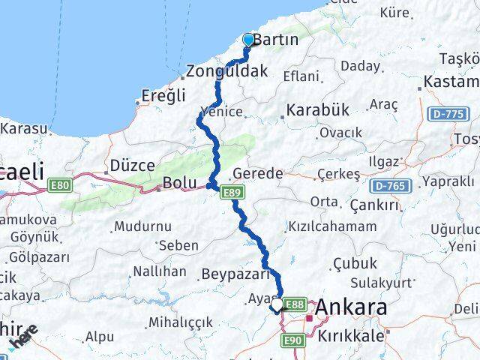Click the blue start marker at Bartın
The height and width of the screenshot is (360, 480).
click(248, 39)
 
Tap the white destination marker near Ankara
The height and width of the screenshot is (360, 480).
click(277, 304)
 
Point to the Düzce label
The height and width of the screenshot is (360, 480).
click(132, 165)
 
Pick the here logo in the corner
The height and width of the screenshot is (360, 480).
click(24, 339)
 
